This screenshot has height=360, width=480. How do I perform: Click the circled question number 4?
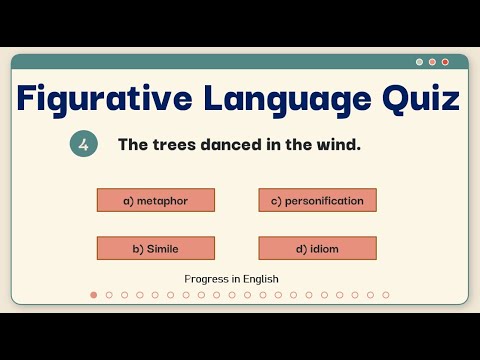83,145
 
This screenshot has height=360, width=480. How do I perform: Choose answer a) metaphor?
155,200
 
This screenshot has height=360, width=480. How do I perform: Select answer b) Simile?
155,248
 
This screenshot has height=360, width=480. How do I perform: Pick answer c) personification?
317,200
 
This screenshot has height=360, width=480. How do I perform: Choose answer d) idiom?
317,248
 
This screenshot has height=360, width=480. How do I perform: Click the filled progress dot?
94,295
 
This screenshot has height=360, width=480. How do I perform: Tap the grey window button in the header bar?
419,62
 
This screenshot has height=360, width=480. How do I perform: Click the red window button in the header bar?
445,62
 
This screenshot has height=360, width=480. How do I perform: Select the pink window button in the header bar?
432,62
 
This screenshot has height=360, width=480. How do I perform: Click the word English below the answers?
259,278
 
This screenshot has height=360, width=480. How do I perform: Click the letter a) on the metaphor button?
128,200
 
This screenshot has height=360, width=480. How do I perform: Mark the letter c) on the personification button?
275,200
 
